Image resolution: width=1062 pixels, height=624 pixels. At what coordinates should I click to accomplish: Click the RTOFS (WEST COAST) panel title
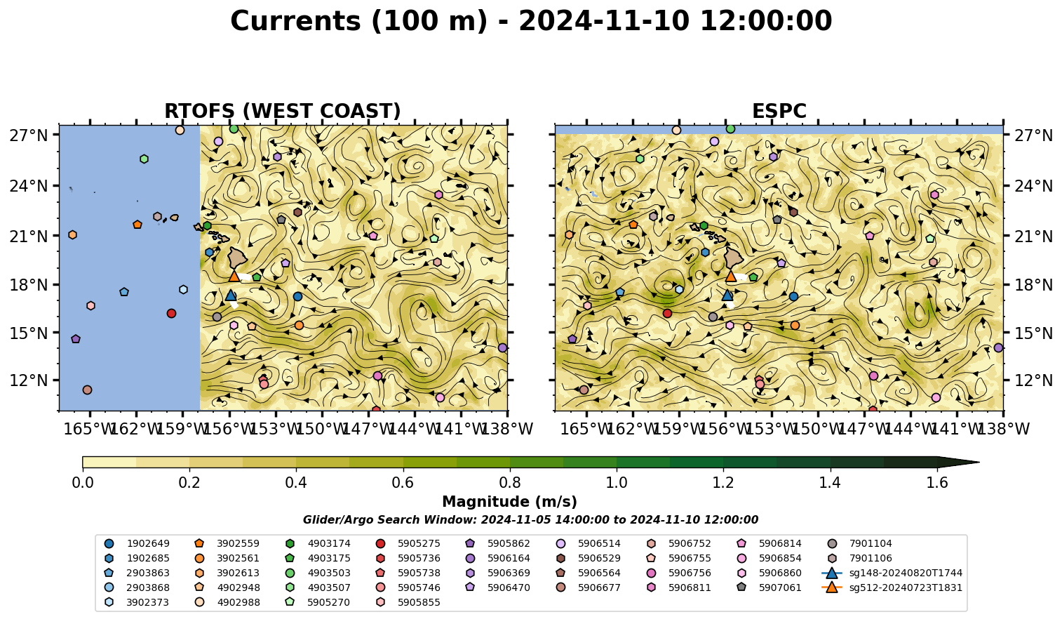(x=283, y=112)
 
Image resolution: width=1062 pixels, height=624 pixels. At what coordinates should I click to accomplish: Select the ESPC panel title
(x=779, y=112)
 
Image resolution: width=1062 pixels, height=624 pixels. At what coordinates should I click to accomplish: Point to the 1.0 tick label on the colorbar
(x=617, y=483)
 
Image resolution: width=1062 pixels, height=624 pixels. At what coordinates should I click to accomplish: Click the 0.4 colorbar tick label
(x=296, y=483)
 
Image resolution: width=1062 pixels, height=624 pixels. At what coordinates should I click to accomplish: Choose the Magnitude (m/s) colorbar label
(x=510, y=502)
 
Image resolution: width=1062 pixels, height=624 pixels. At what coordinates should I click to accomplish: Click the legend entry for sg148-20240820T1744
(x=892, y=573)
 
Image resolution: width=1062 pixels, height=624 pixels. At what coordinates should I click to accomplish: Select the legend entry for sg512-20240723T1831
(x=892, y=588)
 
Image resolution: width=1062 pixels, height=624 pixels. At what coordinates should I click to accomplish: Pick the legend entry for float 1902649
(x=137, y=543)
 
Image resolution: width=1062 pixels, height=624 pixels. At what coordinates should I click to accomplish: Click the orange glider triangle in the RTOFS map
(x=234, y=276)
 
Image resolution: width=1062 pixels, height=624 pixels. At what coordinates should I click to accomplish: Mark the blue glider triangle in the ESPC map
(x=727, y=296)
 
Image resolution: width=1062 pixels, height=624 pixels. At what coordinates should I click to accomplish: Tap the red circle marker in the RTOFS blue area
(x=172, y=313)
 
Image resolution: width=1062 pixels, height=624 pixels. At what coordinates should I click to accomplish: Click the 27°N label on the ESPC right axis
(x=1032, y=135)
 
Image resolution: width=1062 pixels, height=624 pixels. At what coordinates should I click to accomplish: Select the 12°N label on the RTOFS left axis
(x=29, y=380)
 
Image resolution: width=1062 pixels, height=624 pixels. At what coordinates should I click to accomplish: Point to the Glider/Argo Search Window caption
(x=530, y=519)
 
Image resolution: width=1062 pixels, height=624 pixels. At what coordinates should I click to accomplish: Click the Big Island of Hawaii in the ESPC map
(x=734, y=258)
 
